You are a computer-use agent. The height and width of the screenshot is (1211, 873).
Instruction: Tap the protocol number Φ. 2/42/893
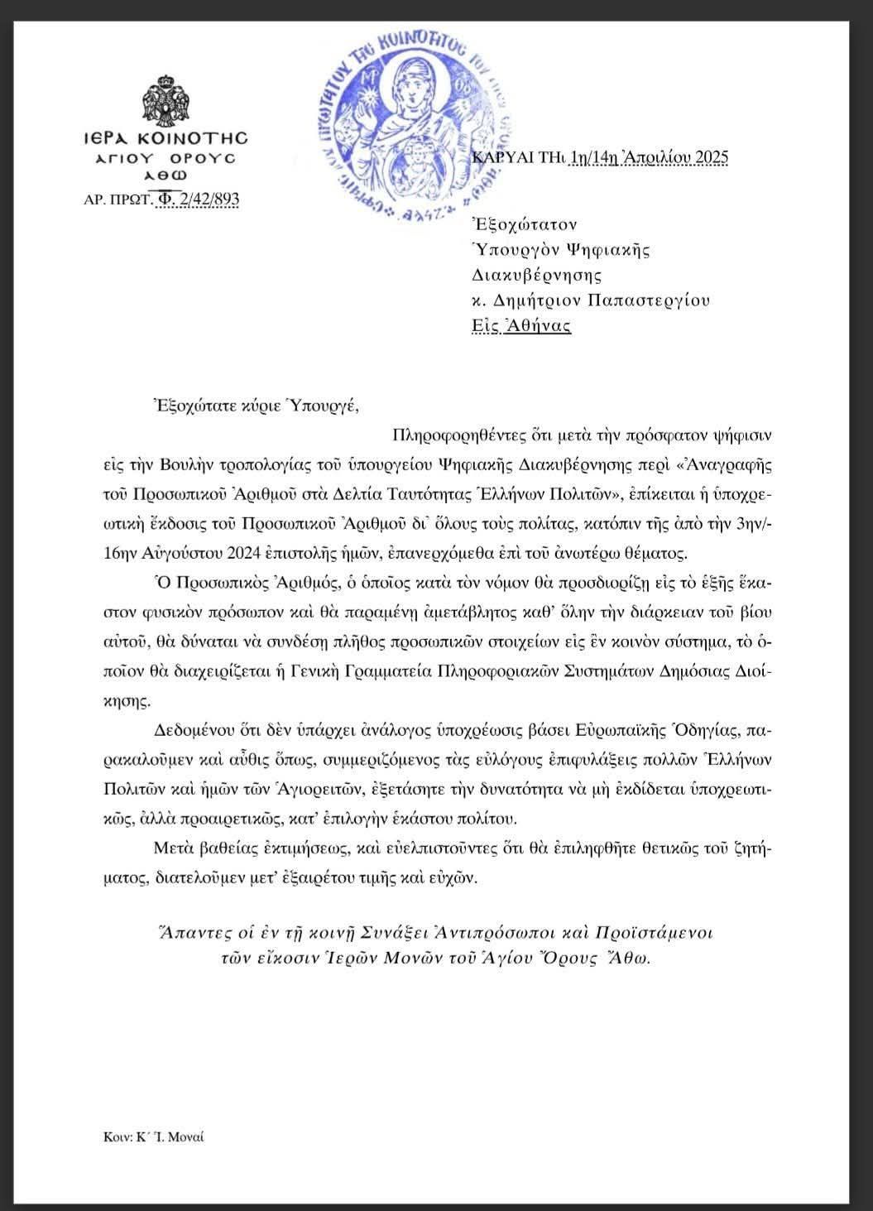199,199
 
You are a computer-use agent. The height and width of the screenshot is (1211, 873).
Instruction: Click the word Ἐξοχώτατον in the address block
523,224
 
